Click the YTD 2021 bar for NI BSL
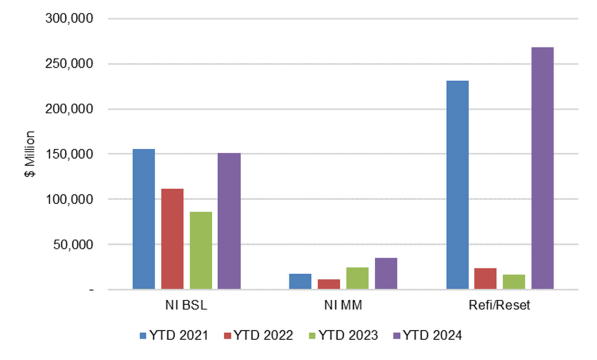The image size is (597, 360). tap(143, 219)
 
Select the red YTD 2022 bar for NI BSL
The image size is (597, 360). tap(173, 239)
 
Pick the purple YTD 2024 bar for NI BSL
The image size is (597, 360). tap(230, 221)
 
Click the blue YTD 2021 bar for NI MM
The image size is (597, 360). tap(300, 281)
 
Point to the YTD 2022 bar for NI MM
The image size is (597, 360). tap(329, 284)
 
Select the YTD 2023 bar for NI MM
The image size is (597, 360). tap(357, 278)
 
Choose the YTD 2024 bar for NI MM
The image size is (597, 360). tap(386, 273)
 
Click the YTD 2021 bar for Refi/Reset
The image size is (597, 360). tap(457, 184)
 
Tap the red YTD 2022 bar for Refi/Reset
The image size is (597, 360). tap(486, 278)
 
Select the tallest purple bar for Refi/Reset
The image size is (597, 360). tap(543, 168)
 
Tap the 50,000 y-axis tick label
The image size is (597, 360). tap(72, 244)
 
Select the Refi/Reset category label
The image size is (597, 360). tap(500, 306)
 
